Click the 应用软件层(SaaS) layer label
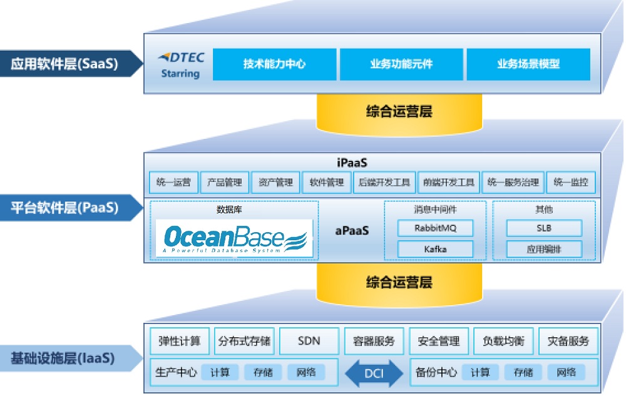(x=64, y=64)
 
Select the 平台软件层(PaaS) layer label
(x=64, y=206)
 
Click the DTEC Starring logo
(x=180, y=65)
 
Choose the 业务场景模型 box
(x=528, y=64)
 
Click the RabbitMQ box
(x=435, y=228)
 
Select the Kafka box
(x=435, y=249)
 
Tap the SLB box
(x=543, y=228)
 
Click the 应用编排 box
(x=543, y=249)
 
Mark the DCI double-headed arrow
(x=374, y=373)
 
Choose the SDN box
(x=309, y=341)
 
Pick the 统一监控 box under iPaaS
(x=570, y=183)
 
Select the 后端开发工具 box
(x=384, y=183)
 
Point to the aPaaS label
(x=352, y=231)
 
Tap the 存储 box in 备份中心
(x=523, y=373)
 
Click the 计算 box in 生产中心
(x=220, y=373)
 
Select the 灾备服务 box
(x=568, y=341)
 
